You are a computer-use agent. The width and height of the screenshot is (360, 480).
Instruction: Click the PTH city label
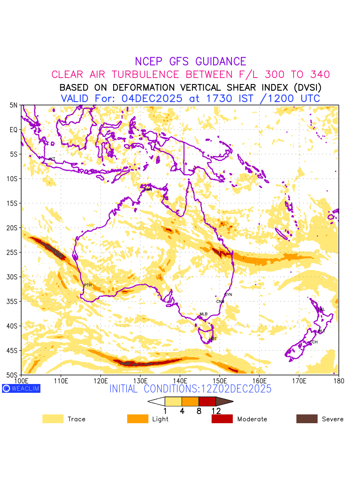pyautogui.click(x=88, y=285)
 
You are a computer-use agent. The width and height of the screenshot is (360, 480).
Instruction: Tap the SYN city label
pyautogui.click(x=228, y=295)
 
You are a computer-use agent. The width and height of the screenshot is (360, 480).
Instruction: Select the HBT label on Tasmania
pyautogui.click(x=213, y=339)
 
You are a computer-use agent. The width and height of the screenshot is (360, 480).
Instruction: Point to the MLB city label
pyautogui.click(x=204, y=314)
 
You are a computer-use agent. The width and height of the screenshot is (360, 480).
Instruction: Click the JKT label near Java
pyautogui.click(x=52, y=159)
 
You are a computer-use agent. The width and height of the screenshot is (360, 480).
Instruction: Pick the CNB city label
pyautogui.click(x=220, y=302)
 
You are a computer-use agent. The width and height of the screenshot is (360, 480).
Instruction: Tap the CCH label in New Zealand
pyautogui.click(x=314, y=342)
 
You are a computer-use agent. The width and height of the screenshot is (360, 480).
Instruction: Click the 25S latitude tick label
pyautogui.click(x=13, y=252)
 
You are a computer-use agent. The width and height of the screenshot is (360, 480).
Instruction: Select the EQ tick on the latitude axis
pyautogui.click(x=14, y=130)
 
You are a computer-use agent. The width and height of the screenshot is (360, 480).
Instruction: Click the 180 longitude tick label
pyautogui.click(x=339, y=380)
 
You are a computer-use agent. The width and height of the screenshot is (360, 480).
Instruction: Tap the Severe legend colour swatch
pyautogui.click(x=307, y=419)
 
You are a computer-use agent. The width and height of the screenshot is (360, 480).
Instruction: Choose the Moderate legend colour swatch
pyautogui.click(x=222, y=419)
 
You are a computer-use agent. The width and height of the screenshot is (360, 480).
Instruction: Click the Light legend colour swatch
pyautogui.click(x=138, y=419)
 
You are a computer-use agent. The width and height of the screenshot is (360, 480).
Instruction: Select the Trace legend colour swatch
pyautogui.click(x=53, y=419)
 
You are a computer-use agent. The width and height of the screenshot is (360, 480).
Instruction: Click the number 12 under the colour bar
pyautogui.click(x=216, y=411)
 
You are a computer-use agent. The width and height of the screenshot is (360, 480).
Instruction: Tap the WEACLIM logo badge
pyautogui.click(x=21, y=388)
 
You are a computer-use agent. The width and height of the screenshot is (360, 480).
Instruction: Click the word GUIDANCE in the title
pyautogui.click(x=221, y=62)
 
